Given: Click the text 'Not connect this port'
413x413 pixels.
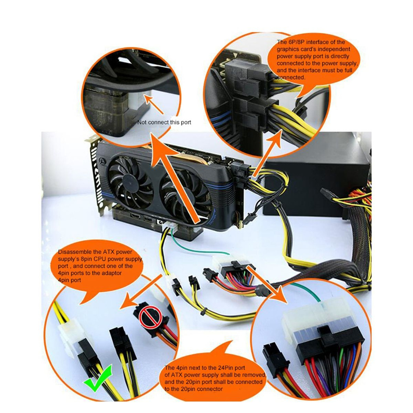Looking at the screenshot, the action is pos(164,122).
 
